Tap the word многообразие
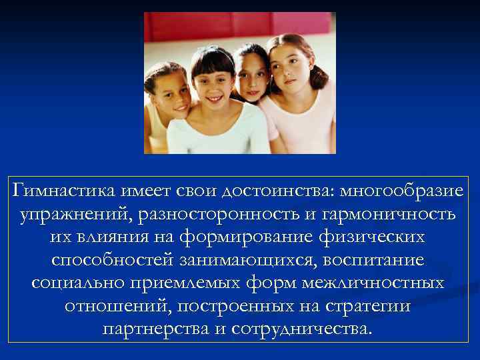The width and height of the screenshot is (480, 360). point(401,192)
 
